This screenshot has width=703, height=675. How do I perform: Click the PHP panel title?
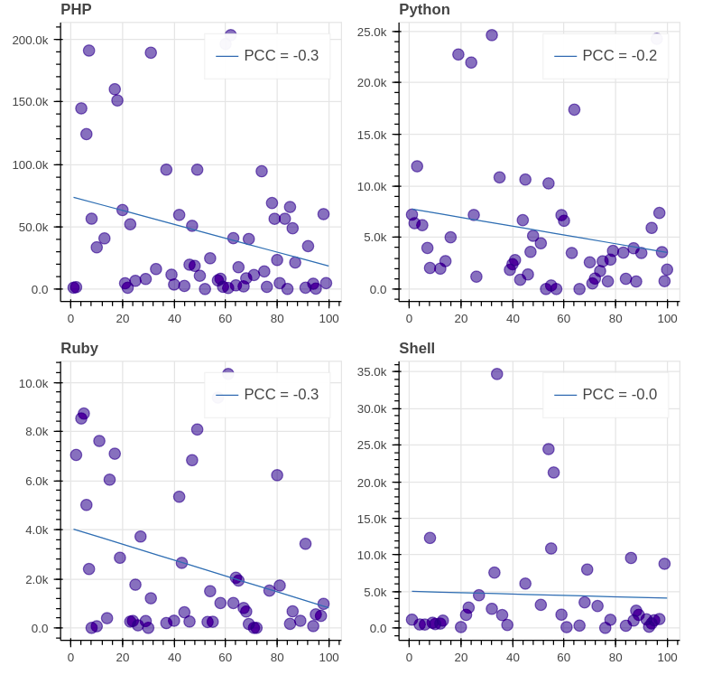pos(76,10)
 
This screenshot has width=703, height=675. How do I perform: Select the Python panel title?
pos(424,10)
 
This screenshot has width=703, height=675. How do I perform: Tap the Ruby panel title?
pos(79,349)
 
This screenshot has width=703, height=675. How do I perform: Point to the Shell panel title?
pos(417,349)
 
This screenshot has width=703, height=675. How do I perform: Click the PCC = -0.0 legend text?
pos(619,395)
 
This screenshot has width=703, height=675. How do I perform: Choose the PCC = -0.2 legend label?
pos(619,56)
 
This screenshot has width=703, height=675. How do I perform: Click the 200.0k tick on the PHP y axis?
pos(31,40)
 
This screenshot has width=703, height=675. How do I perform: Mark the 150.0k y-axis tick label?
pos(31,102)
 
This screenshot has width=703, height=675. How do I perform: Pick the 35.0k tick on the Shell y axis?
pos(372,372)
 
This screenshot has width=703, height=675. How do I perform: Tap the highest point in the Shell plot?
pos(497,374)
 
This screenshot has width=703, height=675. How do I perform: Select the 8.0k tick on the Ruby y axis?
pos(34,432)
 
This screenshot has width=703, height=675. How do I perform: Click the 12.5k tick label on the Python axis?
pos(372,160)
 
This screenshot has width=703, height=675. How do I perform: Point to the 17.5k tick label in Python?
pos(372,108)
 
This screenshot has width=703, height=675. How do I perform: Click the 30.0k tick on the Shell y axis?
pos(372,409)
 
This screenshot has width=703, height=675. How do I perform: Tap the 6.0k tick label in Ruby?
pos(34,482)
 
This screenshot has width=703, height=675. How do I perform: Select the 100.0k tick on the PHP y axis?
pos(31,165)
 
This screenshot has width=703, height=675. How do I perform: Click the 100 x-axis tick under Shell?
pos(668,657)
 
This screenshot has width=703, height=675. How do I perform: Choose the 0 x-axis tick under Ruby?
pos(70,657)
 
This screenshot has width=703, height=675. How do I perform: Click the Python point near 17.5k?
pos(574,109)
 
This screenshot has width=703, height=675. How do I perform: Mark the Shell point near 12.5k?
pos(430,538)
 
